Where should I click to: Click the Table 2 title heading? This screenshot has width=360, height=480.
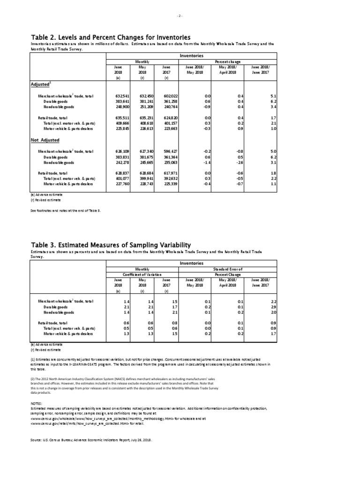[x=111, y=37]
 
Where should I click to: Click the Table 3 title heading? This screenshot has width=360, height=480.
[x=111, y=245]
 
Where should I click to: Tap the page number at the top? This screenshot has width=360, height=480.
[x=180, y=15]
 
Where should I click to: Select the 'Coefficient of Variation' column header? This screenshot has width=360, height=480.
[x=142, y=274]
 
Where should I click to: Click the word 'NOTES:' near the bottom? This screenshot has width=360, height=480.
[x=37, y=403]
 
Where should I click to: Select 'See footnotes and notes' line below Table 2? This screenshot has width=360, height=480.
[x=65, y=211]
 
